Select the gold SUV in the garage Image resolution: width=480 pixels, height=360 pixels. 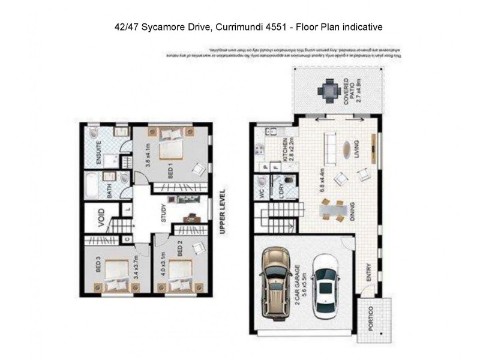click(x=276, y=281)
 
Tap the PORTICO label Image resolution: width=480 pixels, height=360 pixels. click(x=371, y=317)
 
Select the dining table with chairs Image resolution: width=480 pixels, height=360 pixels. click(x=332, y=209)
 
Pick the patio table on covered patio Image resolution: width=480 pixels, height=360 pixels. click(x=329, y=91)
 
